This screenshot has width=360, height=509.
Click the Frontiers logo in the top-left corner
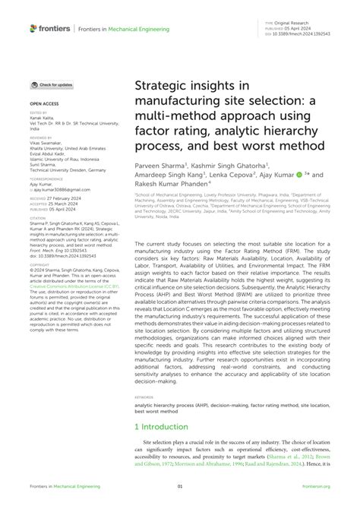pyautogui.click(x=51, y=28)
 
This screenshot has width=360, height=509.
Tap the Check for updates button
pyautogui.click(x=52, y=85)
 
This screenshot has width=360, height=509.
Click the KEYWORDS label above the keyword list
pyautogui.click(x=146, y=396)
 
